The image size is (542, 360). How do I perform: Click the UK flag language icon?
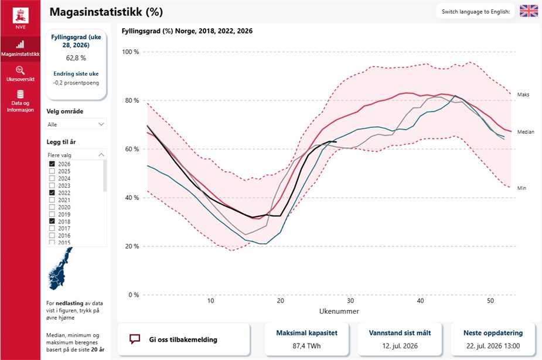pos(529,11)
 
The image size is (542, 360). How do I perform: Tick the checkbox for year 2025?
pos(52,171)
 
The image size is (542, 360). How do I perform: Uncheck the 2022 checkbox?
pos(52,193)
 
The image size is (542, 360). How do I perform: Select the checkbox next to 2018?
pos(52,221)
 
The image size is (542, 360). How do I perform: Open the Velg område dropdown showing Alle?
pos(76,124)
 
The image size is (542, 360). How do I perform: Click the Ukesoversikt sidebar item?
pos(21,73)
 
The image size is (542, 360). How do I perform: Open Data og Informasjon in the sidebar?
pos(21,101)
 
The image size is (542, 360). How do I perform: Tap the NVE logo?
pos(21,17)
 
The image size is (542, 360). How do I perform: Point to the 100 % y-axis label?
pos(130,52)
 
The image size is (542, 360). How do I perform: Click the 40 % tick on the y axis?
pos(131,198)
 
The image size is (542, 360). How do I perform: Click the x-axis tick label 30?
pos(350,301)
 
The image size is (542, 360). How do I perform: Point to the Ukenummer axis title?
pos(339,311)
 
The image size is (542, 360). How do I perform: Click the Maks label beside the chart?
pos(523,94)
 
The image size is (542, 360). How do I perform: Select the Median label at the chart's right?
pos(526,132)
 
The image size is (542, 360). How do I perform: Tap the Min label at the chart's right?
pos(521,188)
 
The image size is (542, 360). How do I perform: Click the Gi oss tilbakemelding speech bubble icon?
pos(134,339)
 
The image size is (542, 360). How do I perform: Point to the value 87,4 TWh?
pos(306,346)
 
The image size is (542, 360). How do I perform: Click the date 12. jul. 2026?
pos(400,346)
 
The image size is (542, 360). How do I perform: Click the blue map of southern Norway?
pos(61,269)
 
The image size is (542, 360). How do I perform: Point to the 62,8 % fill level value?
pos(76,58)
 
